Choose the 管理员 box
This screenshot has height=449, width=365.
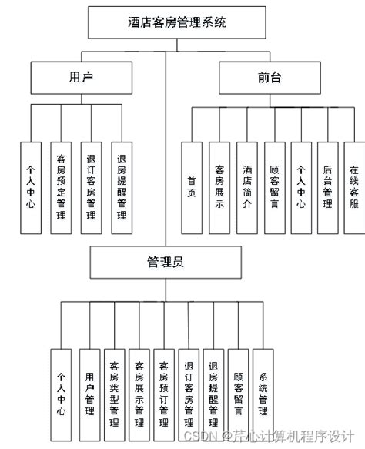[x=165, y=263]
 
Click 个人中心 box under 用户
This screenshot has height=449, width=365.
[x=30, y=187]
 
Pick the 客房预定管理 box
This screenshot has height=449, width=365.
[x=61, y=187]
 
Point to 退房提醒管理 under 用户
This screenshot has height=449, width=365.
[x=121, y=187]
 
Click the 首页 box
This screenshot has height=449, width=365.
[x=192, y=187]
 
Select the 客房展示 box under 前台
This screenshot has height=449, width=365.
[x=219, y=187]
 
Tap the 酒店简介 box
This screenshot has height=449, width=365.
[x=247, y=187]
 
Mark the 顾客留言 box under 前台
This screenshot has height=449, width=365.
[x=274, y=187]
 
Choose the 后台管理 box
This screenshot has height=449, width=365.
[x=327, y=187]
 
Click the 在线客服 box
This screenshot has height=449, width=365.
[x=354, y=187]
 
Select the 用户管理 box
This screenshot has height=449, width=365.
[x=90, y=394]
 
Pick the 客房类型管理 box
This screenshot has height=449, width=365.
[x=114, y=394]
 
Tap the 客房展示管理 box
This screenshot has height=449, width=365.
[x=139, y=394]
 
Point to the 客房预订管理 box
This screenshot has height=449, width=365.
[x=163, y=394]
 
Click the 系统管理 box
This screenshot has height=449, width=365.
[x=263, y=394]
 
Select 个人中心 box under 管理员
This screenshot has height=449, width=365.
[x=62, y=394]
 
